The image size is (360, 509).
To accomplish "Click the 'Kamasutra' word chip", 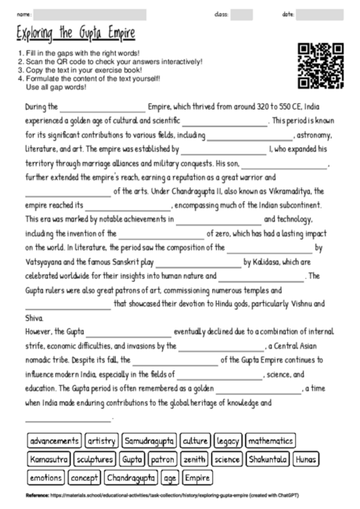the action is (49, 459).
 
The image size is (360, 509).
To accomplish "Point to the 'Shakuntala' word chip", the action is (268, 459).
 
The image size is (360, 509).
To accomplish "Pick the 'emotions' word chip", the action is (45, 477).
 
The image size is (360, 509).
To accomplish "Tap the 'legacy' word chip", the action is (228, 441).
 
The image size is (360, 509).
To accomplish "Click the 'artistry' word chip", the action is (102, 441).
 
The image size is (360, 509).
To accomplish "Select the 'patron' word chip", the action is (164, 459).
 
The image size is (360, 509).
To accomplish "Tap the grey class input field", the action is (241, 14).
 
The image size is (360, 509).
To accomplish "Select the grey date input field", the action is (325, 14).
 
